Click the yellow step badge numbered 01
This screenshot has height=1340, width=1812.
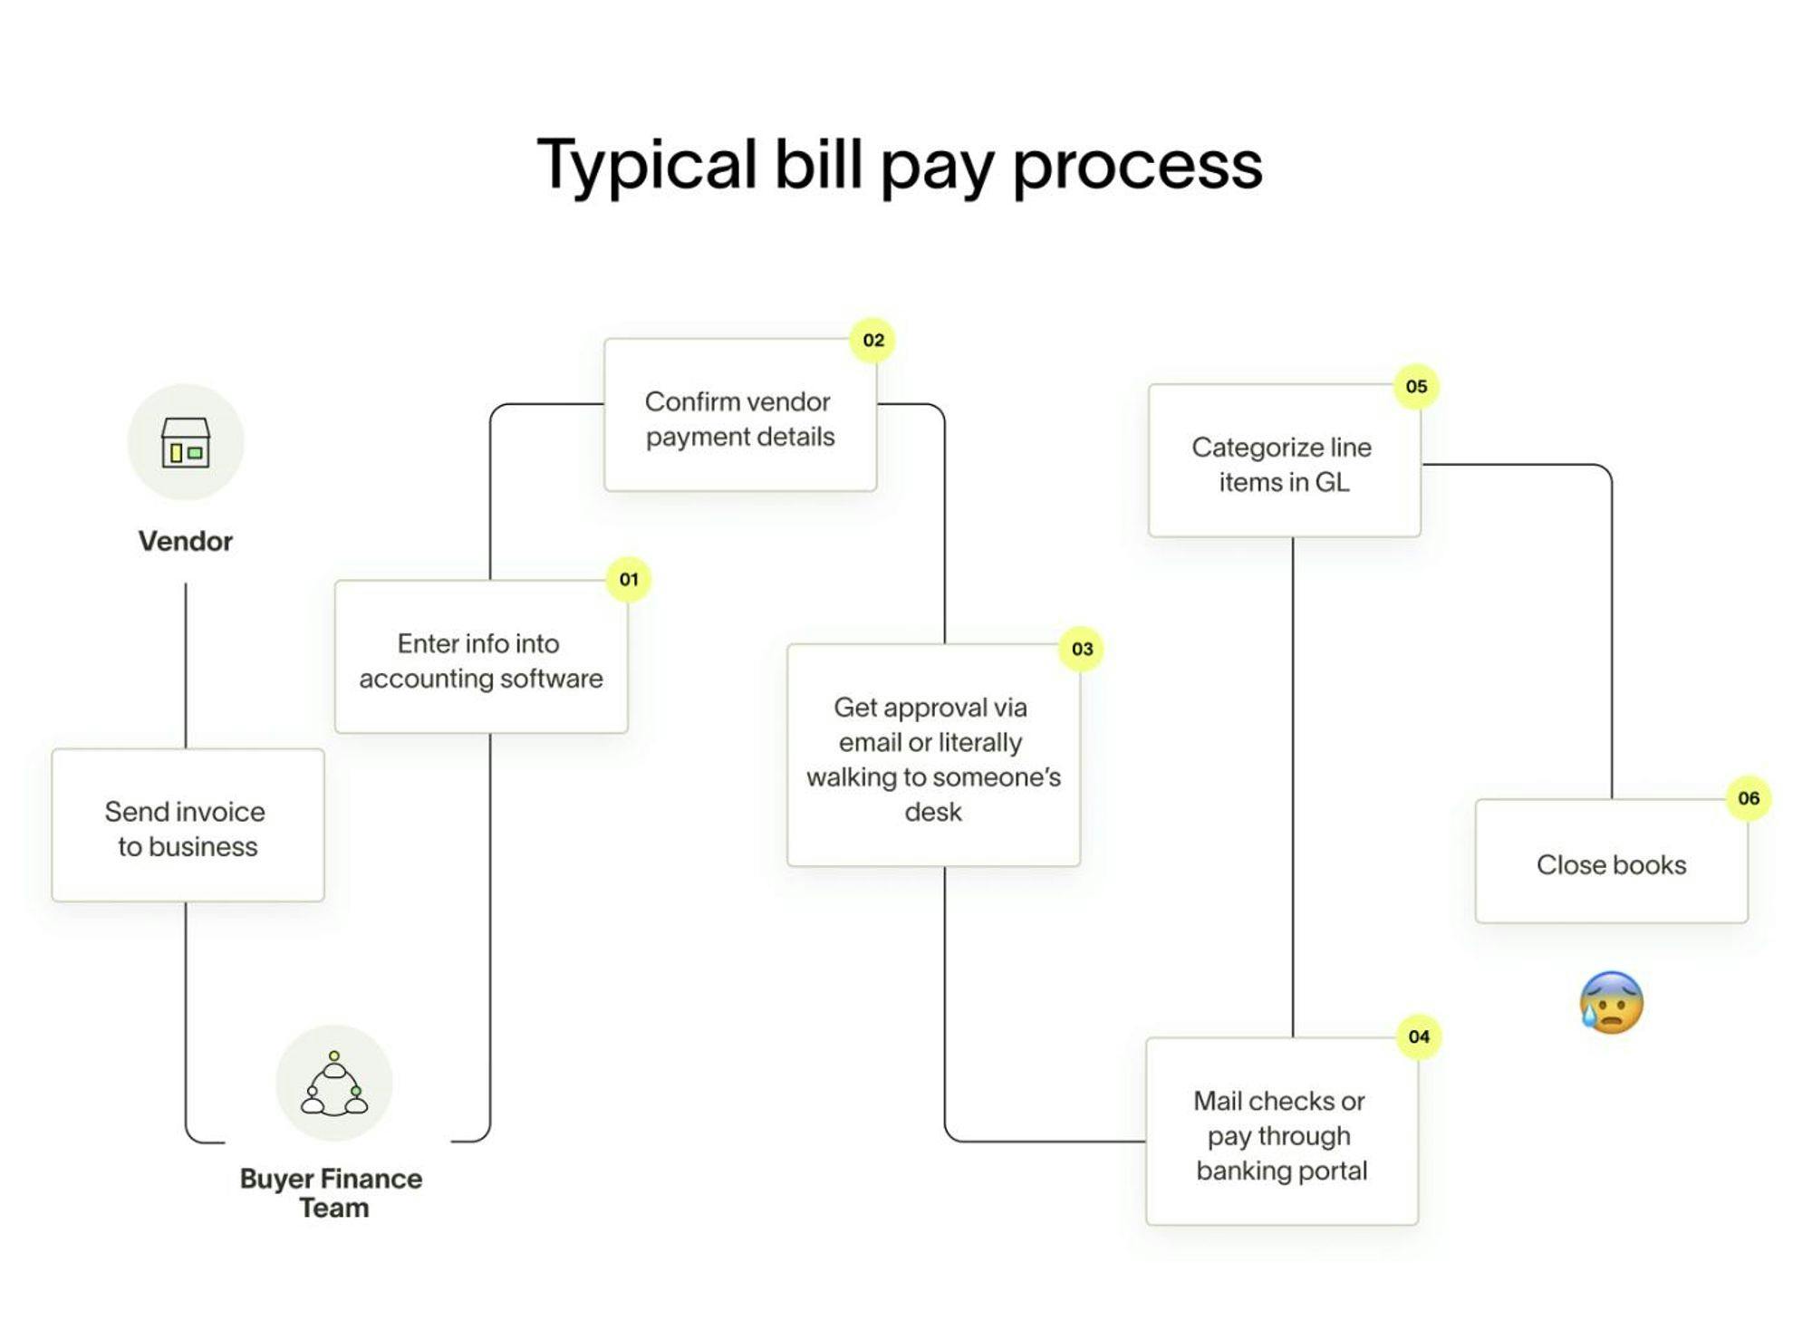[x=629, y=579]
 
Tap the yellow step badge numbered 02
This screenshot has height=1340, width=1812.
[x=872, y=341]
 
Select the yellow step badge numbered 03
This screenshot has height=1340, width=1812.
[x=1082, y=649]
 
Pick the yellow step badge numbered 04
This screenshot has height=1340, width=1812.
[x=1419, y=1036]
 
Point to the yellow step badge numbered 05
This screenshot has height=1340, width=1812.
[x=1416, y=387]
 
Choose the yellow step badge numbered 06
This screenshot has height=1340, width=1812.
[x=1749, y=798]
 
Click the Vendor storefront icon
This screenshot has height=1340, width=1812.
[x=186, y=442]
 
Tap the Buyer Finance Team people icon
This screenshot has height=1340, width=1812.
[x=334, y=1084]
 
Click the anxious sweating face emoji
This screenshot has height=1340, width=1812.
[x=1611, y=1002]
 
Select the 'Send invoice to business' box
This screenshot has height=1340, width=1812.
[x=188, y=825]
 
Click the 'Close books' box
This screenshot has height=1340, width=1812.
[x=1612, y=862]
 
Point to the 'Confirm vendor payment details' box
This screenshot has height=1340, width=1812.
[x=740, y=415]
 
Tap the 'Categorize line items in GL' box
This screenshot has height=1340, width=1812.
[x=1285, y=460]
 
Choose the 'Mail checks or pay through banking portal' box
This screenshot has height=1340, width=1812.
[x=1282, y=1132]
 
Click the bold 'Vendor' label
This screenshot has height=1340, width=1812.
[x=186, y=541]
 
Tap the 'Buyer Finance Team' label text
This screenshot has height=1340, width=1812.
[x=332, y=1192]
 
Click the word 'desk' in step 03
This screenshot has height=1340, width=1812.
[x=933, y=812]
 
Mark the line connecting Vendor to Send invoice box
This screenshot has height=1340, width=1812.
[x=186, y=666]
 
